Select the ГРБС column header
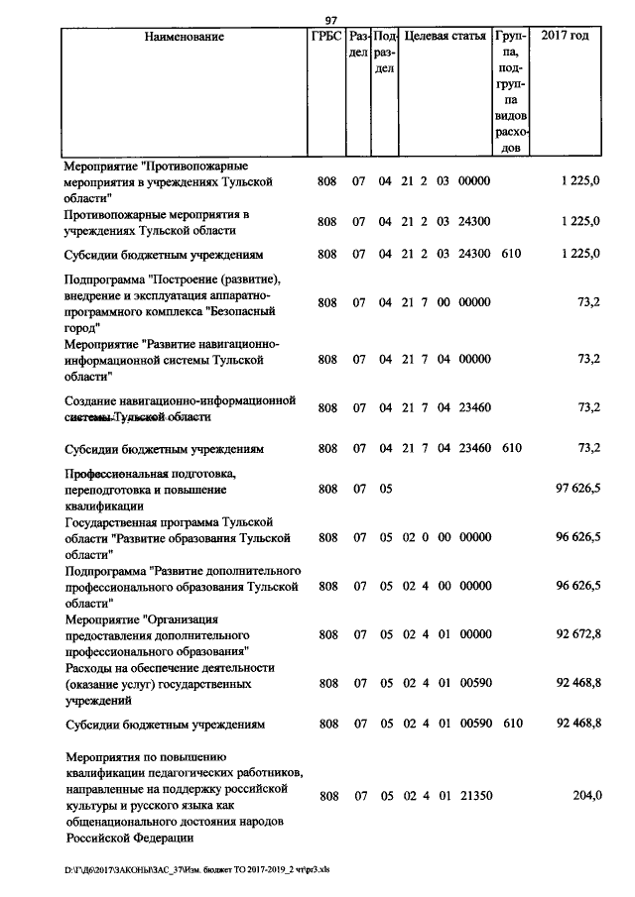pos(327,37)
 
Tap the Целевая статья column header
pos(445,37)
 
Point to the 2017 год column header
pos(566,37)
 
